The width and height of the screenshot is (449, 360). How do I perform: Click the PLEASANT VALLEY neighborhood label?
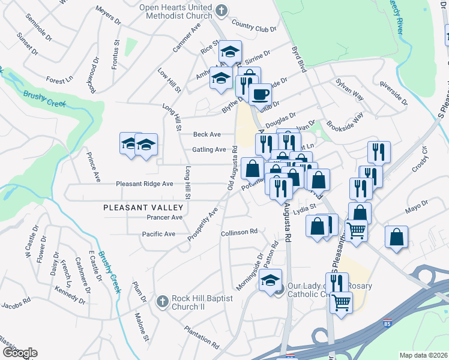(x=143, y=206)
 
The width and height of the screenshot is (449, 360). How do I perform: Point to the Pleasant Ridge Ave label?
(x=144, y=184)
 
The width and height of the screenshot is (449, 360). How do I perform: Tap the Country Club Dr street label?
(x=253, y=27)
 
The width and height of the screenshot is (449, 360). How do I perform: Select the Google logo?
(x=20, y=353)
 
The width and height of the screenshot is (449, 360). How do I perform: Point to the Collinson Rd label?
(x=239, y=232)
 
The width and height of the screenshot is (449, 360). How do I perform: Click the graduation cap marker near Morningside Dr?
(x=271, y=279)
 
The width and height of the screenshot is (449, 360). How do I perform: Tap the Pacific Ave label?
(x=158, y=233)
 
